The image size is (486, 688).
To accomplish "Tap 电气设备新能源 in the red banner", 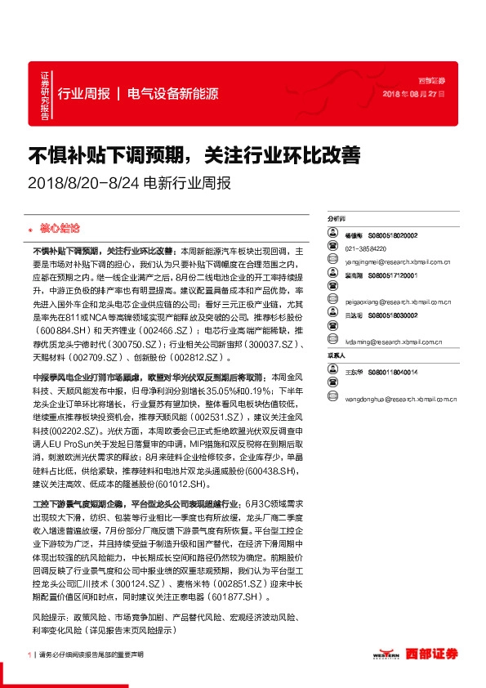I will click(173, 93).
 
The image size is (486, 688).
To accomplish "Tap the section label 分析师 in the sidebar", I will click(337, 219).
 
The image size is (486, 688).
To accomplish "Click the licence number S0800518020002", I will click(393, 235).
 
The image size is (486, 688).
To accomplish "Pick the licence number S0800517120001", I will click(393, 276).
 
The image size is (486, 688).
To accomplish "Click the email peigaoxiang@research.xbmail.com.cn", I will click(399, 302).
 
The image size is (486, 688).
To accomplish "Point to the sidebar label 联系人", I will click(337, 356).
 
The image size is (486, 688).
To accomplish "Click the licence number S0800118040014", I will click(393, 372).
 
